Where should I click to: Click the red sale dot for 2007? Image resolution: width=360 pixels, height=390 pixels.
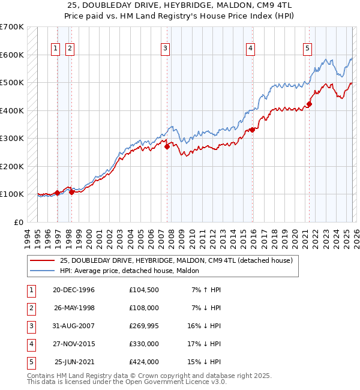tap(167, 146)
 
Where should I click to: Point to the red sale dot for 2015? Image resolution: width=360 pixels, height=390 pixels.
tap(253, 129)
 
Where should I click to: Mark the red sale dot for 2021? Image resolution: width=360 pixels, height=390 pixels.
tap(310, 104)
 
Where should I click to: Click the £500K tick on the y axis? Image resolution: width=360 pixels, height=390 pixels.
tap(11, 83)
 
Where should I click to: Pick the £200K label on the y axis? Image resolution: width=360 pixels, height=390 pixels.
tap(11, 166)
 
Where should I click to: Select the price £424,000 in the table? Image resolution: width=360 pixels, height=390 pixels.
tap(143, 362)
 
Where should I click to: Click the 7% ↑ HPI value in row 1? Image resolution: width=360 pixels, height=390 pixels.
tap(206, 289)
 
